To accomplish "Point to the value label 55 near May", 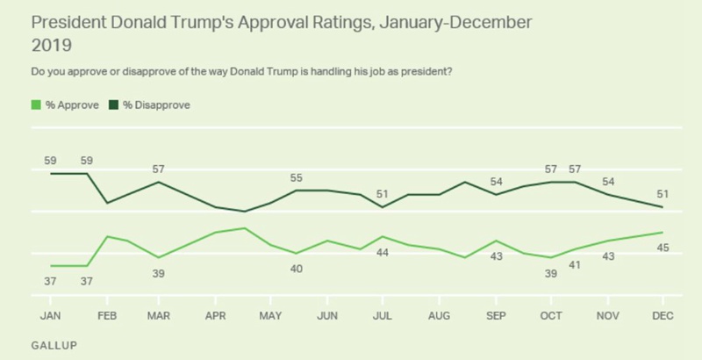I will (297, 177).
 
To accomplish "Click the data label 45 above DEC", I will (663, 248).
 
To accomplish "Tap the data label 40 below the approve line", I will (297, 268).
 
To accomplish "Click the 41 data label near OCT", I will (574, 264).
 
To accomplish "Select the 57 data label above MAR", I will (159, 169).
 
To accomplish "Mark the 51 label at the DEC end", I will (663, 193).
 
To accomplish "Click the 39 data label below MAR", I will (159, 273).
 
